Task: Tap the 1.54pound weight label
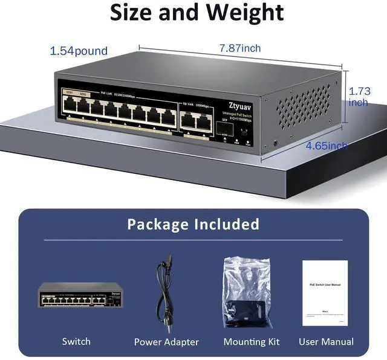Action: (x=79, y=51)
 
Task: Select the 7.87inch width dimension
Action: (x=239, y=48)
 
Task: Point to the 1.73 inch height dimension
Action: (x=359, y=97)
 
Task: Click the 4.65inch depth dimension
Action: (x=326, y=146)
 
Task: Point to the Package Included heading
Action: (x=193, y=225)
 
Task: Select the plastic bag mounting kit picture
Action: (x=245, y=291)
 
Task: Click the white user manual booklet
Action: (x=325, y=292)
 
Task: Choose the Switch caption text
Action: (x=76, y=342)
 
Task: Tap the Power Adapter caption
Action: (x=166, y=342)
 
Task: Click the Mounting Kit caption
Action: (x=252, y=342)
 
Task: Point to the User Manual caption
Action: (x=326, y=342)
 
